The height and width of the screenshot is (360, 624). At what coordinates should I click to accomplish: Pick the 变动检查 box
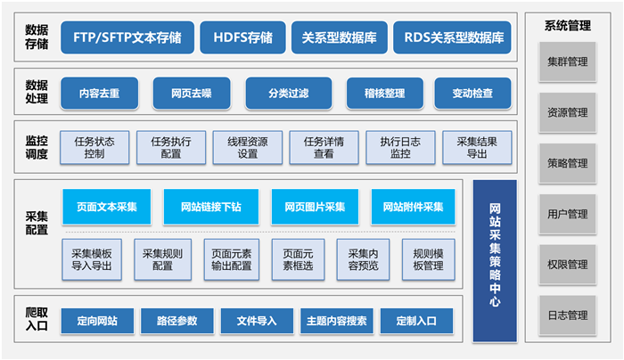click(x=472, y=93)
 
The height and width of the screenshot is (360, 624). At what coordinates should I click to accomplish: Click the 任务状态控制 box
click(x=94, y=147)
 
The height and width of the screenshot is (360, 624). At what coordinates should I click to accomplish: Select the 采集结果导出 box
click(x=477, y=147)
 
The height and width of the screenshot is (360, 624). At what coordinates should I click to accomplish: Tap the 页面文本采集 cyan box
click(x=107, y=207)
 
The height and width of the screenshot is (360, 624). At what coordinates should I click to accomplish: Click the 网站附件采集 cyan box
click(x=414, y=207)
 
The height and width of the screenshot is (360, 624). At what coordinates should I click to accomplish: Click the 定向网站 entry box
click(x=98, y=320)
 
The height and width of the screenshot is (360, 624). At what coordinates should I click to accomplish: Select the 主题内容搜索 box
click(x=337, y=320)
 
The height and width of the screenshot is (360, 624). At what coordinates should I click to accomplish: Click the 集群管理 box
click(x=567, y=62)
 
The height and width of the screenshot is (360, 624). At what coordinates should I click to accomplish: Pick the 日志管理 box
click(x=567, y=315)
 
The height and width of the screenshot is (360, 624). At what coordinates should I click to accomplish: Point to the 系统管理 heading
click(x=567, y=26)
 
